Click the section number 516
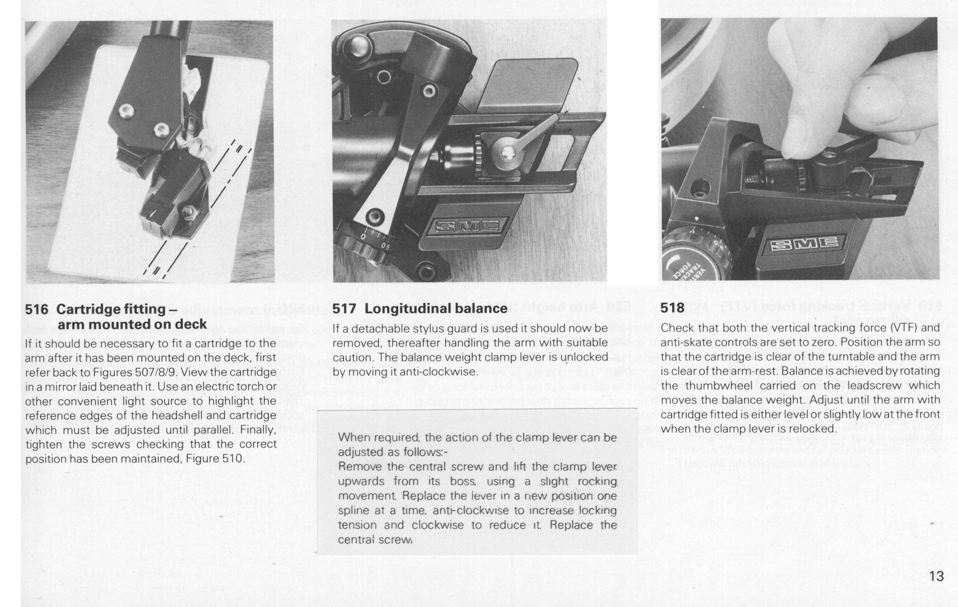pyautogui.click(x=37, y=309)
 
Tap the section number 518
pyautogui.click(x=673, y=308)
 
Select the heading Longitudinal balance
pyautogui.click(x=436, y=308)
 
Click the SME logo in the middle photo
pyautogui.click(x=468, y=227)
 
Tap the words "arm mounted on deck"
pyautogui.click(x=132, y=325)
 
